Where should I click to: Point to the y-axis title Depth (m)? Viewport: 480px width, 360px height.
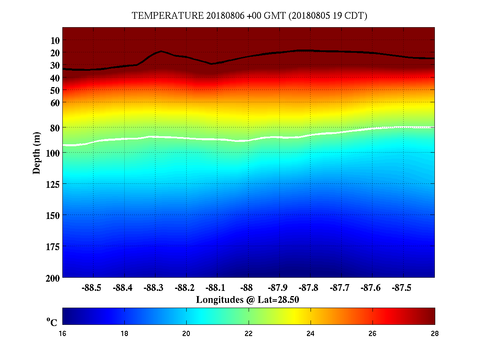tap(37, 153)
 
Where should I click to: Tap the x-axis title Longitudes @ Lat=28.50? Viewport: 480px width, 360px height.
tap(248, 300)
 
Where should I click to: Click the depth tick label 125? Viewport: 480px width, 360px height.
tap(52, 184)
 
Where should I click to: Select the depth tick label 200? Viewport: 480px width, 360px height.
tap(52, 278)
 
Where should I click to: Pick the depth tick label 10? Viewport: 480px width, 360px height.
tap(55, 40)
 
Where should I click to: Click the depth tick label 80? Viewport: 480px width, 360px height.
tap(54, 128)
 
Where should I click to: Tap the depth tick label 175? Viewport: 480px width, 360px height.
tap(52, 247)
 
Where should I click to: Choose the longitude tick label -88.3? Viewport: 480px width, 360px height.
tap(155, 288)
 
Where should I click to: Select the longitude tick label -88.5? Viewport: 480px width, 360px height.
tap(93, 288)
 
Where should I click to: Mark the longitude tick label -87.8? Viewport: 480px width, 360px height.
tap(309, 288)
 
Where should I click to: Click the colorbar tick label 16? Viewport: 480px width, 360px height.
tap(63, 334)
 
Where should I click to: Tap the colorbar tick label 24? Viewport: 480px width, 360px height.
tap(311, 334)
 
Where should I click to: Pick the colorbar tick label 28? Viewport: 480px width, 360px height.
tap(434, 334)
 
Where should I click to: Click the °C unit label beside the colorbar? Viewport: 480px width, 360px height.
tap(52, 322)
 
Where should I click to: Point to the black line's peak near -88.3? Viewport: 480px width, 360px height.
tap(161, 51)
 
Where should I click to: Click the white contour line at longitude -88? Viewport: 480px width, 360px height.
tap(248, 141)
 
